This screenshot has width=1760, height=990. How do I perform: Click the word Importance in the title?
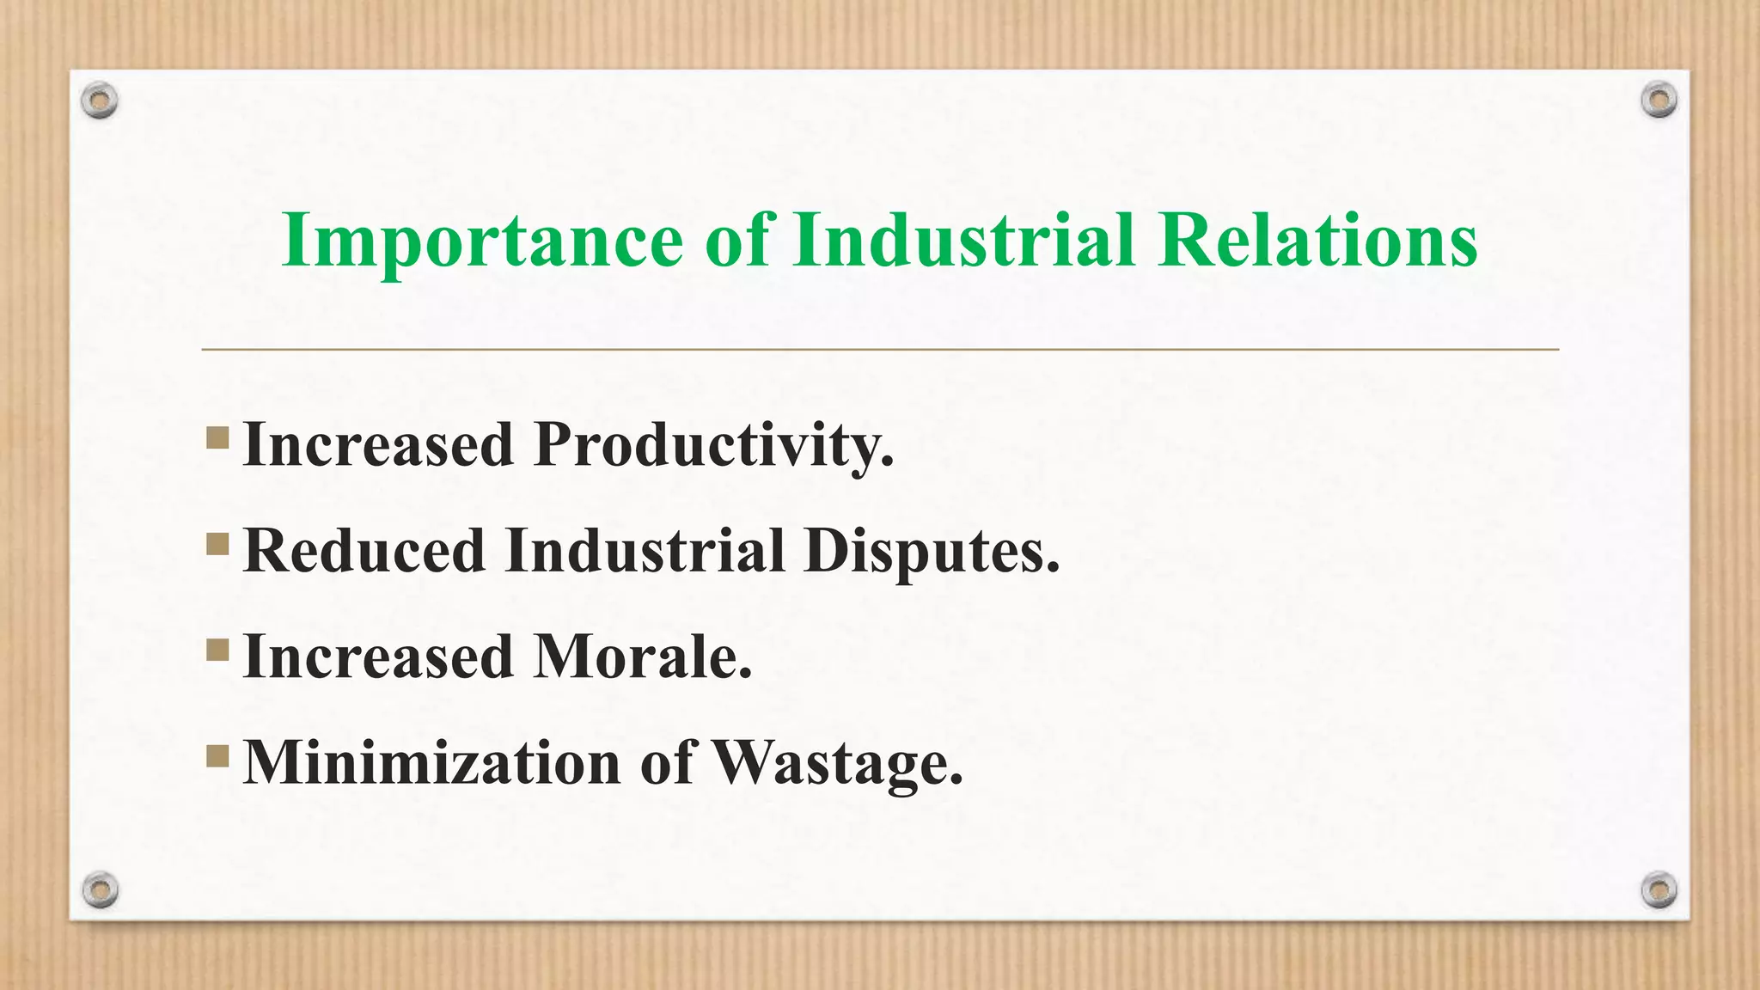point(481,241)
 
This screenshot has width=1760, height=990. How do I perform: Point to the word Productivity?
point(713,445)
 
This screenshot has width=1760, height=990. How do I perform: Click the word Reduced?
point(364,551)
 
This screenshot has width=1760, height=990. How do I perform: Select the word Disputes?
point(932,551)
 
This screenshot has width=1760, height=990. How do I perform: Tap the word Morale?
point(642,657)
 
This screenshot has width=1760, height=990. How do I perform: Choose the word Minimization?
point(432,763)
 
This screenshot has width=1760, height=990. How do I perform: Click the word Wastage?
point(838,763)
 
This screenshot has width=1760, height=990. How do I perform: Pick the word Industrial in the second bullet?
point(645,551)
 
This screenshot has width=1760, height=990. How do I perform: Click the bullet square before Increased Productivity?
point(217,438)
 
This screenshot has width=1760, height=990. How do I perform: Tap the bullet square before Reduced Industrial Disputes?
point(217,544)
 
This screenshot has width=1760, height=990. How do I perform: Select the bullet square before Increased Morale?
point(217,650)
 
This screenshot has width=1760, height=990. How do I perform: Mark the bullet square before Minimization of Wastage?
point(217,756)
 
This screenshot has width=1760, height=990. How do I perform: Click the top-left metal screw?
point(100,101)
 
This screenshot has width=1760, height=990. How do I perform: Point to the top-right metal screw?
point(1659,101)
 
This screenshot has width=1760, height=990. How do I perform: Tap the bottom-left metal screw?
point(100,889)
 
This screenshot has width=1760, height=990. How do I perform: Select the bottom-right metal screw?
point(1659,889)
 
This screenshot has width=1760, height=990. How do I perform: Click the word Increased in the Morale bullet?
point(378,657)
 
